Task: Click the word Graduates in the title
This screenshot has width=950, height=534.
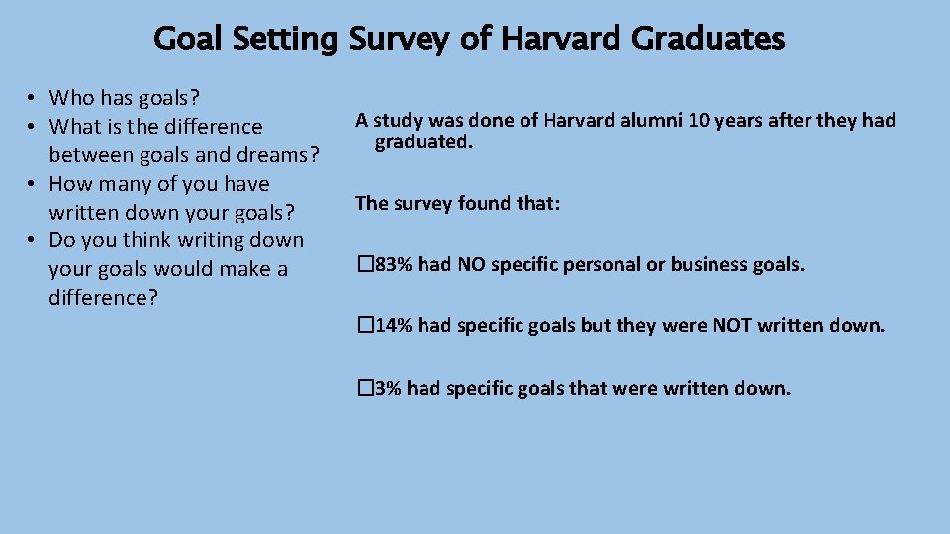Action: pyautogui.click(x=707, y=40)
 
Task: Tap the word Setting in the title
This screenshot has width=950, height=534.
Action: pyautogui.click(x=286, y=41)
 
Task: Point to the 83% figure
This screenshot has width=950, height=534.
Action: pyautogui.click(x=392, y=264)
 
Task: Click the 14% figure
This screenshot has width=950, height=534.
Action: pyautogui.click(x=392, y=325)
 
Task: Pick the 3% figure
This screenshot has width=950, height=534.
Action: pyautogui.click(x=387, y=388)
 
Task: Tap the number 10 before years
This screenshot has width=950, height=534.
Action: pyautogui.click(x=679, y=121)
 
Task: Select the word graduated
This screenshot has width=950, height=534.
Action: pyautogui.click(x=423, y=143)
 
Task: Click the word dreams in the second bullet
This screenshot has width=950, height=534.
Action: pyautogui.click(x=280, y=155)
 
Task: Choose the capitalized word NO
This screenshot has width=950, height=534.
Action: pyautogui.click(x=471, y=264)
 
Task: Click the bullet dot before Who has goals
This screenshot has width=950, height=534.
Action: pyautogui.click(x=33, y=98)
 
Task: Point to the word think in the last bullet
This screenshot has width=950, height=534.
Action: pyautogui.click(x=147, y=240)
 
